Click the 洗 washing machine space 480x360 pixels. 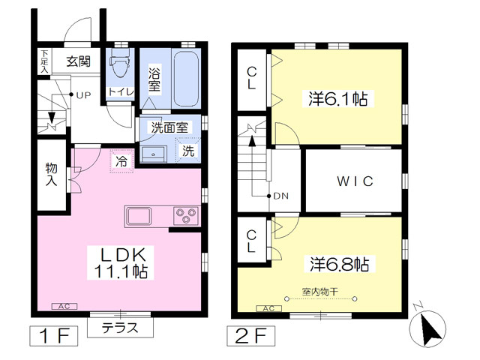point(189,151)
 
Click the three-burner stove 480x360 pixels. point(186,216)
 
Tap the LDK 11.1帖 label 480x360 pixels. point(123,261)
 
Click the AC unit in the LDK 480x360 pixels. point(64,306)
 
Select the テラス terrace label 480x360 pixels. point(119,328)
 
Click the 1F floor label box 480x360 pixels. point(55,334)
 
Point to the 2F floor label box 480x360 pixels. point(250,334)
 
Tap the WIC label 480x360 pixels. point(354,181)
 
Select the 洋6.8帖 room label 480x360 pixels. point(339,264)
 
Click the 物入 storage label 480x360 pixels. point(52,174)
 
